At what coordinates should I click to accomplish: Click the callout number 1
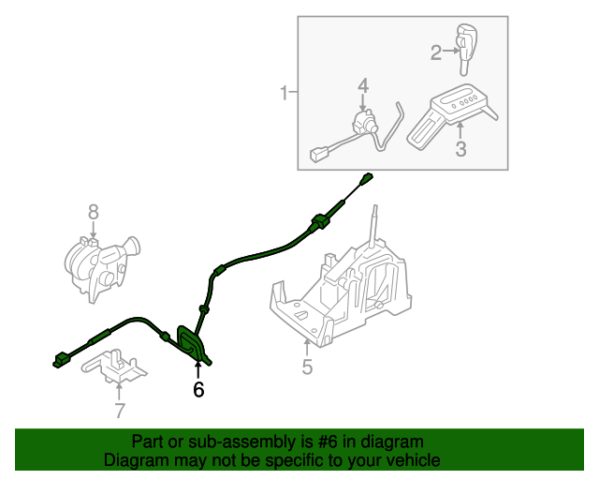pos(284,93)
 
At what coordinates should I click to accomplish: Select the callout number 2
pos(436,52)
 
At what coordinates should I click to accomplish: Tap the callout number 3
pos(460,149)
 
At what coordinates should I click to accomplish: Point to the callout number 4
pos(363,85)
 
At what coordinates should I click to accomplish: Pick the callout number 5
pos(307,367)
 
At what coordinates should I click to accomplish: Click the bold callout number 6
pos(198,389)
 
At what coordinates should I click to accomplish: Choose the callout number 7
pos(120,411)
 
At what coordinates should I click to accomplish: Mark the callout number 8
pos(94,212)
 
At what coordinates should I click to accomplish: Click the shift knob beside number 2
pos(467,49)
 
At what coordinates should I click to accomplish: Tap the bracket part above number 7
pos(114,366)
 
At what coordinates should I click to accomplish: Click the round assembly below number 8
pos(101,268)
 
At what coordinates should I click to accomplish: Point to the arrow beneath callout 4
pos(363,103)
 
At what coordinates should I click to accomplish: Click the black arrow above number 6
pos(197,370)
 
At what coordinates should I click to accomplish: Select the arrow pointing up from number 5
pos(307,348)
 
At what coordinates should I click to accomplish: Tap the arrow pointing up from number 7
pos(119,392)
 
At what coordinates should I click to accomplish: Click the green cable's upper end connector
pos(366,179)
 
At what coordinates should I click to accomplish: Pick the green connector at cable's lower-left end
pos(60,361)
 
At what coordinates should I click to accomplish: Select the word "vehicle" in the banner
pos(417,460)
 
